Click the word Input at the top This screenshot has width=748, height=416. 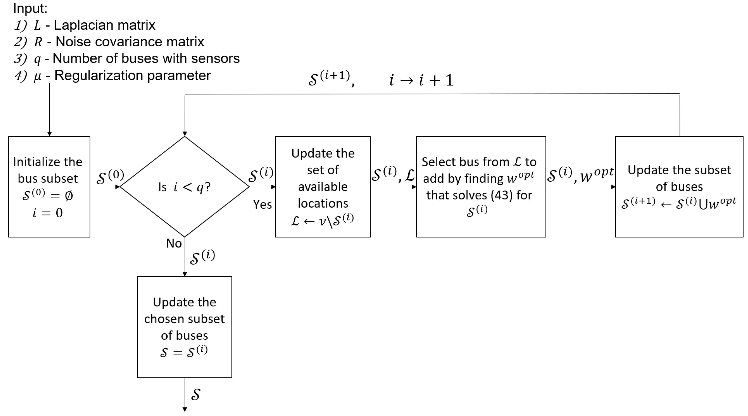(x=30, y=8)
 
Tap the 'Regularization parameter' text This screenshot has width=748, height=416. (x=132, y=76)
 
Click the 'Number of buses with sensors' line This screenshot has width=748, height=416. (x=146, y=58)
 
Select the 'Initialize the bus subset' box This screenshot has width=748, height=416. (x=49, y=186)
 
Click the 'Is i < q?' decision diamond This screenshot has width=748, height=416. (x=184, y=187)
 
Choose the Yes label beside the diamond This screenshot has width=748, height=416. (x=262, y=204)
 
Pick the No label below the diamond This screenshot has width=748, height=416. (x=174, y=243)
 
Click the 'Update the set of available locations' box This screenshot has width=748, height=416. (x=323, y=186)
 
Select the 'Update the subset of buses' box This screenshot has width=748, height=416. (x=679, y=186)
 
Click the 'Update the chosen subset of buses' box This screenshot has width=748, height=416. (x=184, y=327)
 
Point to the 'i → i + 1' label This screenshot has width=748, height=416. (x=421, y=80)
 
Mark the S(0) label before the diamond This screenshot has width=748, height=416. (x=110, y=176)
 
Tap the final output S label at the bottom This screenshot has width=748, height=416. (x=196, y=395)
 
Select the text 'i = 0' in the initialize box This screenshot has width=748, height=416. (x=48, y=213)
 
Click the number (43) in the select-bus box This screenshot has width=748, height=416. (x=501, y=195)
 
